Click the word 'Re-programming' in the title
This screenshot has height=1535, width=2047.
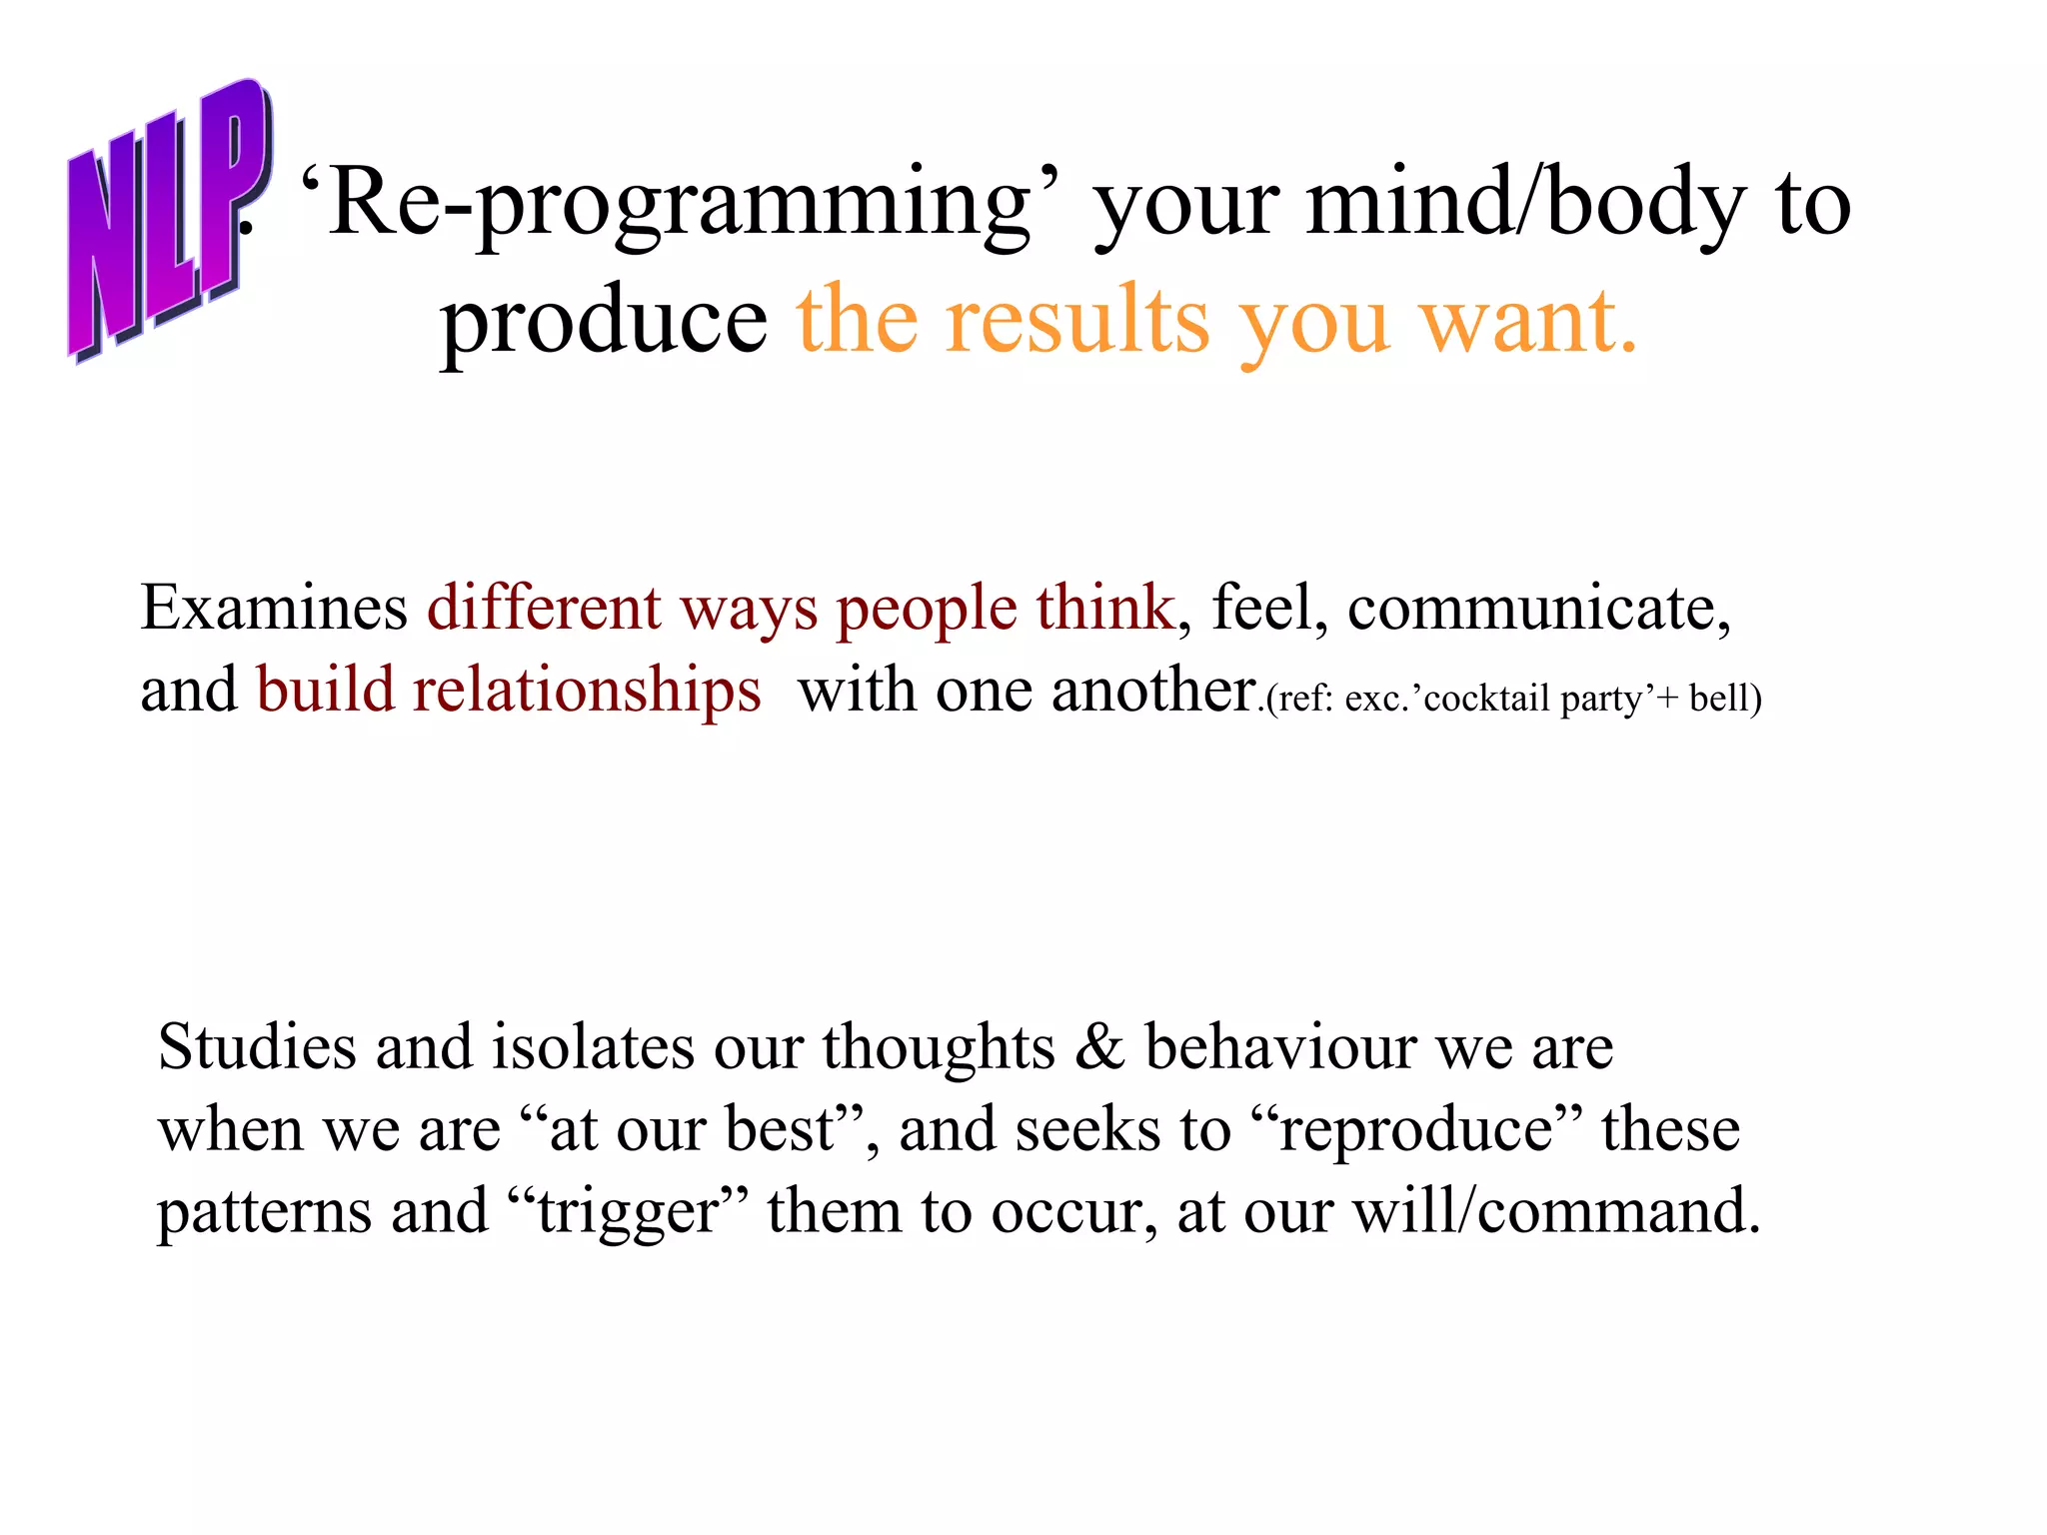680,205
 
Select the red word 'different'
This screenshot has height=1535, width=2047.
544,608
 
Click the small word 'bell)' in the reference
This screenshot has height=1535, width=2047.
1725,699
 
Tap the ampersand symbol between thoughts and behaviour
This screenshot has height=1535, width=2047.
1099,1047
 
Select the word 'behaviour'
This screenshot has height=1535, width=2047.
1280,1047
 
